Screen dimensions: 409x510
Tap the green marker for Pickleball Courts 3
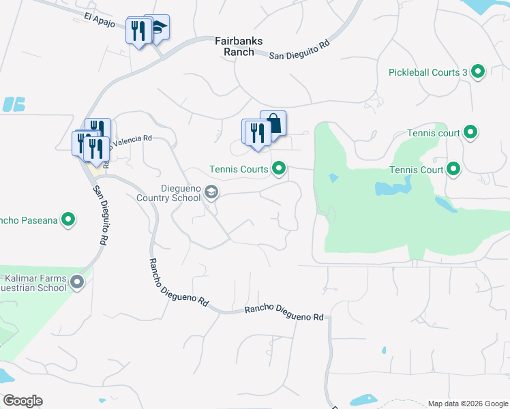pos(478,72)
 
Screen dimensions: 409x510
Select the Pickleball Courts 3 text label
pos(427,72)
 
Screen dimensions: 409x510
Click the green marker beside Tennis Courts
pos(278,168)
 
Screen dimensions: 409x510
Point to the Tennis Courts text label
pos(239,168)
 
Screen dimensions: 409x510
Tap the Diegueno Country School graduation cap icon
pos(211,194)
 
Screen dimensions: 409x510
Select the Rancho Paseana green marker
pos(68,219)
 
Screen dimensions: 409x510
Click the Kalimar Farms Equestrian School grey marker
pos(78,282)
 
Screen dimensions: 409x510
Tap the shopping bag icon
pos(273,124)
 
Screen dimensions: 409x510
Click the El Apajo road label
pos(97,18)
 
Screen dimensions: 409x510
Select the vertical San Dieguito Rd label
pos(100,214)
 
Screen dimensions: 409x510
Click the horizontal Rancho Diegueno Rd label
pos(284,313)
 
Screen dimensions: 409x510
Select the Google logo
pos(22,401)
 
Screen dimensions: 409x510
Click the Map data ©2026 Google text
pos(468,404)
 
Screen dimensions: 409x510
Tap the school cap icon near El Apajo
pos(159,27)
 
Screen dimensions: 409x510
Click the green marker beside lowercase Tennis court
pos(470,133)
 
